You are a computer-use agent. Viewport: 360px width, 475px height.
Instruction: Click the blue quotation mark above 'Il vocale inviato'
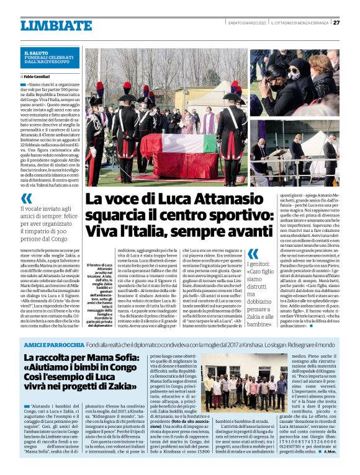point(27,198)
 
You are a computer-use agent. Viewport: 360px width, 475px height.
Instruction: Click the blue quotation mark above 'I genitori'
point(253,254)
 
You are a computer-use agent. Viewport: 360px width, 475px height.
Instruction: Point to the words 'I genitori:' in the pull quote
point(264,264)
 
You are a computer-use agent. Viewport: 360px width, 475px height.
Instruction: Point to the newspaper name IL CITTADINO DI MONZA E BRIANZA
point(297,24)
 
